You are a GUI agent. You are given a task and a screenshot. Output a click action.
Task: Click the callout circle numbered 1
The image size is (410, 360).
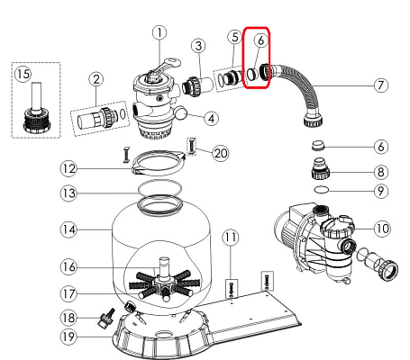pyautogui.click(x=159, y=32)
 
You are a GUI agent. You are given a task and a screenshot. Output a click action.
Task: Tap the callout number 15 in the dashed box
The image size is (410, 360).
pyautogui.click(x=23, y=74)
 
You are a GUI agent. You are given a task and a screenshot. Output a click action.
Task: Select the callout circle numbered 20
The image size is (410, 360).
pyautogui.click(x=221, y=153)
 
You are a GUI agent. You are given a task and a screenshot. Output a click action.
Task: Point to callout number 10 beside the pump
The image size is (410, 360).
pyautogui.click(x=382, y=229)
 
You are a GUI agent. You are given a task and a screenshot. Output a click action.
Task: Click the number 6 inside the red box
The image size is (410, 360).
pyautogui.click(x=260, y=40)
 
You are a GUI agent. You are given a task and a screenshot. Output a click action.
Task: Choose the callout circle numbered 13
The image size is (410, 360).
pyautogui.click(x=68, y=193)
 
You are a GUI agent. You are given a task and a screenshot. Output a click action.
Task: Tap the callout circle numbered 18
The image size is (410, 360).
pyautogui.click(x=68, y=318)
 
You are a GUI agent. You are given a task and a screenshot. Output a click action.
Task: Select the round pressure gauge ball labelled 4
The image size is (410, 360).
pyautogui.click(x=180, y=113)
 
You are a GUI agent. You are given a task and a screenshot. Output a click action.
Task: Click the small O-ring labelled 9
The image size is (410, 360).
pyautogui.click(x=321, y=190)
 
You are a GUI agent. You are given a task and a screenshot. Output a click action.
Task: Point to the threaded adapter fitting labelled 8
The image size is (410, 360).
pyautogui.click(x=321, y=169)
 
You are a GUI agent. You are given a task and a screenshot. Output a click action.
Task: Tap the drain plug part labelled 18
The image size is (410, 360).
pyautogui.click(x=105, y=319)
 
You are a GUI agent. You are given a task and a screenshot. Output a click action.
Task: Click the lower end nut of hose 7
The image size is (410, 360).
pyautogui.click(x=314, y=119)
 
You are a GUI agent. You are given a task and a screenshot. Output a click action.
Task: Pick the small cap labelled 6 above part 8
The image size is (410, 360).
pyautogui.click(x=318, y=146)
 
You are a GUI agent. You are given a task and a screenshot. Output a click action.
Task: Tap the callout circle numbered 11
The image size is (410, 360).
pyautogui.click(x=231, y=238)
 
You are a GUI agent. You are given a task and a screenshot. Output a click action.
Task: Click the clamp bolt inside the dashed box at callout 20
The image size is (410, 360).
pyautogui.click(x=192, y=146)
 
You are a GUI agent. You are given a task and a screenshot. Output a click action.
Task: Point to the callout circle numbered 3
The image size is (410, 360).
pyautogui.click(x=198, y=46)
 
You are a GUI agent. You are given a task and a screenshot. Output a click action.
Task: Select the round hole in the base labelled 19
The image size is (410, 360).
pyautogui.click(x=164, y=334)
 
